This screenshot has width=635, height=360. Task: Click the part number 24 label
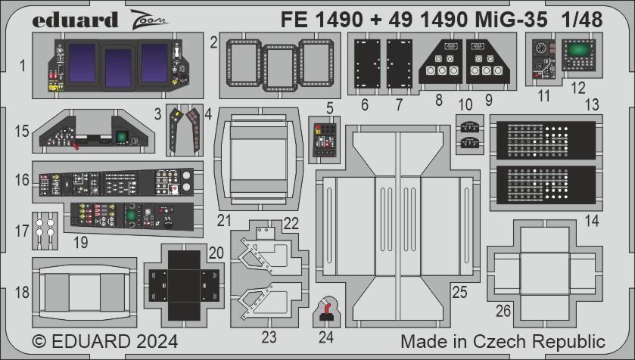[326, 337]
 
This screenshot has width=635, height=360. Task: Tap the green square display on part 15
[119, 138]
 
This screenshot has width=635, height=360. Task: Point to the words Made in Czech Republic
[503, 340]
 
